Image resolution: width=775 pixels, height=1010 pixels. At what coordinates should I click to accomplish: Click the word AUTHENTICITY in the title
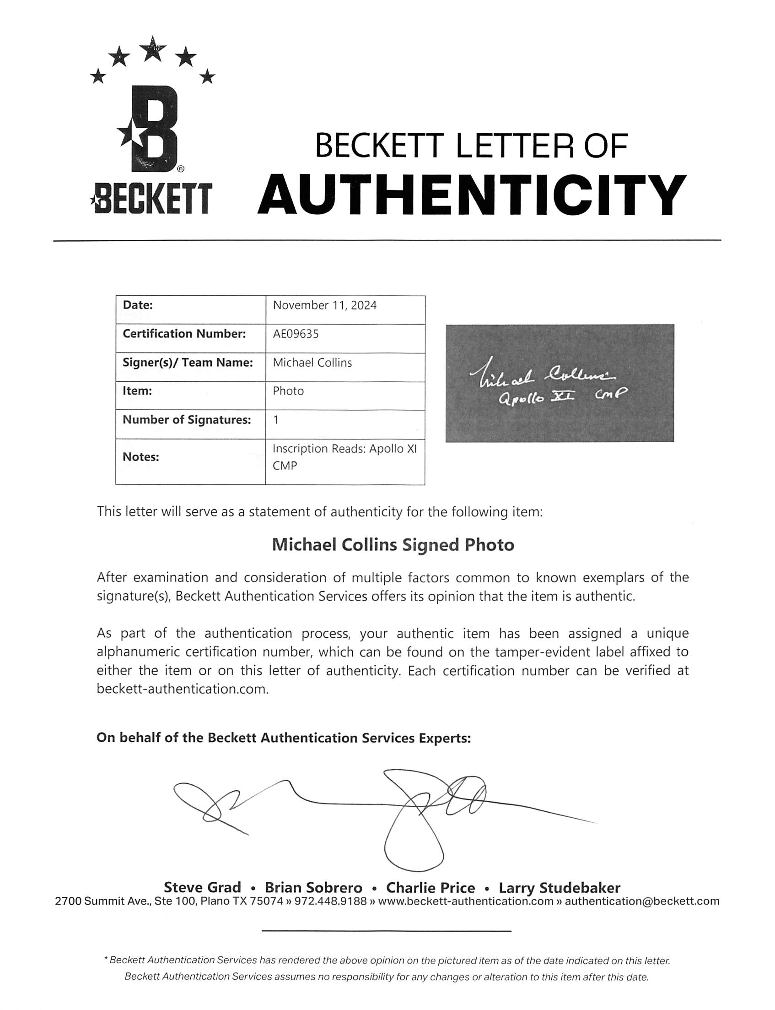pyautogui.click(x=472, y=195)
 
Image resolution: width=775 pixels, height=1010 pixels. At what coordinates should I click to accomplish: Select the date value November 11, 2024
pyautogui.click(x=324, y=305)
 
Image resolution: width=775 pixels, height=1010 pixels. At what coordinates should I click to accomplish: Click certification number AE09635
pyautogui.click(x=296, y=334)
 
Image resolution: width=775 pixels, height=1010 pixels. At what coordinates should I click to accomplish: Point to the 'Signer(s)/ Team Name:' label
pyautogui.click(x=187, y=363)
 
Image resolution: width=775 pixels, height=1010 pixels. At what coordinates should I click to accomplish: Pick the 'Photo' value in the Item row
pyautogui.click(x=288, y=391)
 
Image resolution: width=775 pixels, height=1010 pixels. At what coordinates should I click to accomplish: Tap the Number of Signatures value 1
pyautogui.click(x=276, y=420)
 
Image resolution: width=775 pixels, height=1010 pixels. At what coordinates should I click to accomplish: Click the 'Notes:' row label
pyautogui.click(x=141, y=457)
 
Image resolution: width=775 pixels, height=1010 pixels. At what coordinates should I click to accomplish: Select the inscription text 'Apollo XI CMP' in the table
pyautogui.click(x=344, y=457)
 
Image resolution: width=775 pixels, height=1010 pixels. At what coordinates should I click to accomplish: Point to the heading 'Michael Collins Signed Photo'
pyautogui.click(x=393, y=545)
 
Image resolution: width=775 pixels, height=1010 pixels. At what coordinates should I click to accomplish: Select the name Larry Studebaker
pyautogui.click(x=559, y=888)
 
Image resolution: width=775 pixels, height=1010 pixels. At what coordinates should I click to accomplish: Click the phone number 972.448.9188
pyautogui.click(x=330, y=901)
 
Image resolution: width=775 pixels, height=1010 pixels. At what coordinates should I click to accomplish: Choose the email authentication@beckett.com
pyautogui.click(x=642, y=901)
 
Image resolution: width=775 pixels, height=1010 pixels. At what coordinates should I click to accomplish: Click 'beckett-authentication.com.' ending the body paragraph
pyautogui.click(x=182, y=689)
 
